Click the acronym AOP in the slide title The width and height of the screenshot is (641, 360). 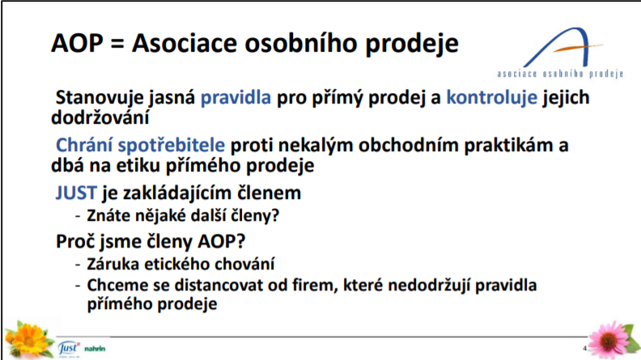tap(76, 43)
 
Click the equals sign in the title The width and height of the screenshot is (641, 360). tap(117, 44)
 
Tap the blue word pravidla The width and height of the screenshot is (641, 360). tap(236, 97)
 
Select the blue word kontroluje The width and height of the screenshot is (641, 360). tap(491, 97)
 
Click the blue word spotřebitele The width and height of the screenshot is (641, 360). tap(172, 146)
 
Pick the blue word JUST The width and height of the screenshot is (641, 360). tap(76, 193)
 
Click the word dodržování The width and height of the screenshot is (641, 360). tap(100, 117)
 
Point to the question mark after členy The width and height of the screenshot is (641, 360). tap(275, 215)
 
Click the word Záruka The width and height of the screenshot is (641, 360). tap(112, 264)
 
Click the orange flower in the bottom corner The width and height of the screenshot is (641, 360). tap(28, 339)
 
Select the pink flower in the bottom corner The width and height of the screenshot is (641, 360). tap(612, 340)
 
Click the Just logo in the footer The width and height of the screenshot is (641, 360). tap(69, 348)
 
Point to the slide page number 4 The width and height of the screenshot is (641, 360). tap(584, 348)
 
